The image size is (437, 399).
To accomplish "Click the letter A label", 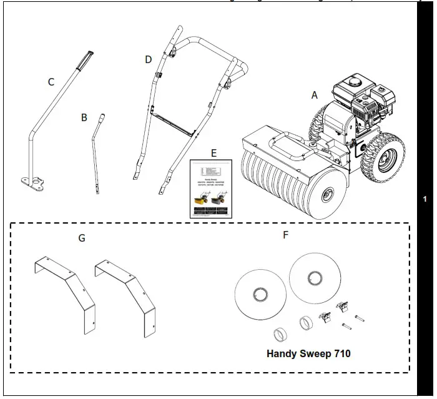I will [315, 95].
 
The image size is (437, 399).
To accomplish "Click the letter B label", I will [84, 117].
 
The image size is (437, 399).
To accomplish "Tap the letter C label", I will [51, 82].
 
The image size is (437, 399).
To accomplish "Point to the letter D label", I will [148, 59].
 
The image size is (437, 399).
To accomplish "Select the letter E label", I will [214, 152].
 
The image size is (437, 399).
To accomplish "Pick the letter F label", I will [286, 235].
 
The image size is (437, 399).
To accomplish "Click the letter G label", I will [82, 238].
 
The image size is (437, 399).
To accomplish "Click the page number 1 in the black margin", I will [425, 199].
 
